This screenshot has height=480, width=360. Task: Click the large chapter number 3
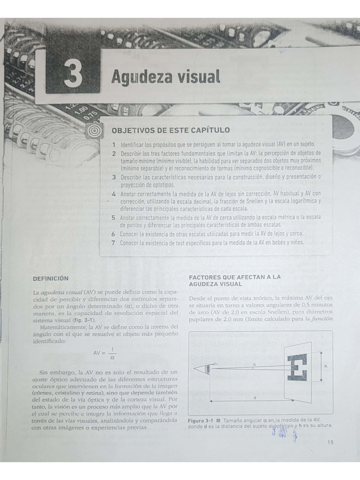click(x=73, y=75)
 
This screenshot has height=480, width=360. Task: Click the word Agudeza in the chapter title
click(x=140, y=76)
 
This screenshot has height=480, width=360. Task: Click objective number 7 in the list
click(x=113, y=242)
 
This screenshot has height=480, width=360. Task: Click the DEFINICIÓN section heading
click(x=51, y=278)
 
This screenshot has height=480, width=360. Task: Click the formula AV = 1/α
click(x=105, y=353)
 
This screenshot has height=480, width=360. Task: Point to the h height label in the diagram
click(x=325, y=366)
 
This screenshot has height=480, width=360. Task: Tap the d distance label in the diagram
click(x=255, y=397)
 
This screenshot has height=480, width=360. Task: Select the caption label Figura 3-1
click(x=200, y=420)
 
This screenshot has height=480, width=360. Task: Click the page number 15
click(x=331, y=442)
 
